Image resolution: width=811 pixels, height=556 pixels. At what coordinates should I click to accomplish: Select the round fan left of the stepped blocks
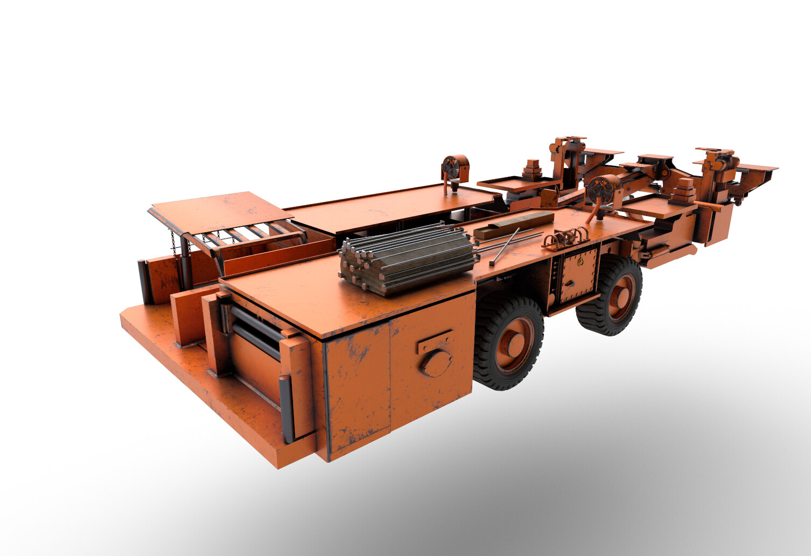point(456,168)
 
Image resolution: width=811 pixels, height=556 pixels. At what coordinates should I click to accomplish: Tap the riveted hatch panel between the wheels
point(579,276)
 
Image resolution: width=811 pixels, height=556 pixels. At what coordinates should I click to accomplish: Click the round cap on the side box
point(436,362)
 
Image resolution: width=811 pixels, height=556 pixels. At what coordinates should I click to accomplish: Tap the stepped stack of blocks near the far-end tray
point(684,191)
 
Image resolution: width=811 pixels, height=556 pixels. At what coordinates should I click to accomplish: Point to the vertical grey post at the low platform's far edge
point(143,281)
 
